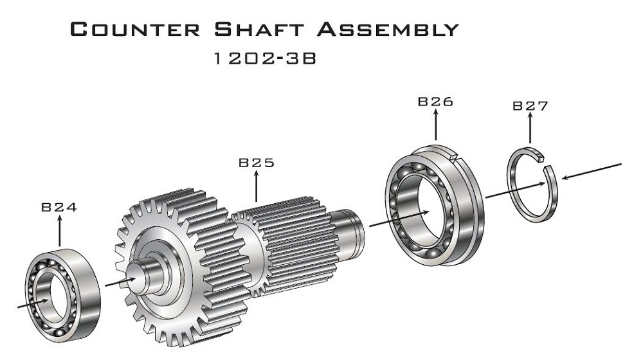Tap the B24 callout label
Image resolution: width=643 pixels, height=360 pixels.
59,208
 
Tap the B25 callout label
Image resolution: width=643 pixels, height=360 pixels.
257,163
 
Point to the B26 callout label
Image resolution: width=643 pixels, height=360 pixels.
435,102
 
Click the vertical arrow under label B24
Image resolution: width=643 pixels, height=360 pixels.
59,231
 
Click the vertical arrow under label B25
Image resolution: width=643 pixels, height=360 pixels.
257,186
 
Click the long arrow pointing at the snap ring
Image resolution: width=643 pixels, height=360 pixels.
592,170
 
